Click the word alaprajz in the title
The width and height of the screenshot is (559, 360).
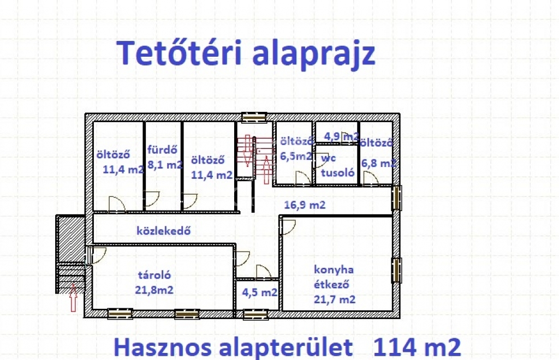point(314,55)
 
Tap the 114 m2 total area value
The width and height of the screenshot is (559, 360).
point(417,347)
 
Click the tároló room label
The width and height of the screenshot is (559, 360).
point(154,274)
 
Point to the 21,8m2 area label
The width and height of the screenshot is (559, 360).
point(154,290)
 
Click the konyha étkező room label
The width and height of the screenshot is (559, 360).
point(334,277)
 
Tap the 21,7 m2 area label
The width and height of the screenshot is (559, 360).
point(335,299)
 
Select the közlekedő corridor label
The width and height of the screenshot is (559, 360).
point(164,230)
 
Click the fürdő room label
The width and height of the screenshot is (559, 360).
point(162,149)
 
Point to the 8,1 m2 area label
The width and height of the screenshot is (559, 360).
point(165,165)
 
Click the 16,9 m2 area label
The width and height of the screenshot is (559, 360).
point(305,205)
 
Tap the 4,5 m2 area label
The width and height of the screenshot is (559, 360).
point(259,292)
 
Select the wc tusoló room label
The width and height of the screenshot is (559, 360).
point(337,165)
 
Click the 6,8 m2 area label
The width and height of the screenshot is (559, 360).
point(379,163)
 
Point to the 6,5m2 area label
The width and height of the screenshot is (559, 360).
point(296,156)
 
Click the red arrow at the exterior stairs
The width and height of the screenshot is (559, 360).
point(73,297)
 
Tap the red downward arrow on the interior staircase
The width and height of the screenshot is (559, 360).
point(246,151)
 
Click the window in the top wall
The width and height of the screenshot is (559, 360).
point(254,117)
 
